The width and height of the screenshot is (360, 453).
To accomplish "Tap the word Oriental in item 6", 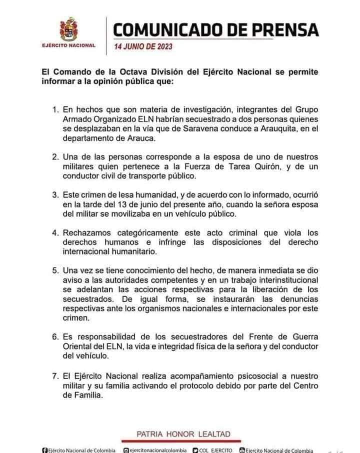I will (x=77, y=346).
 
